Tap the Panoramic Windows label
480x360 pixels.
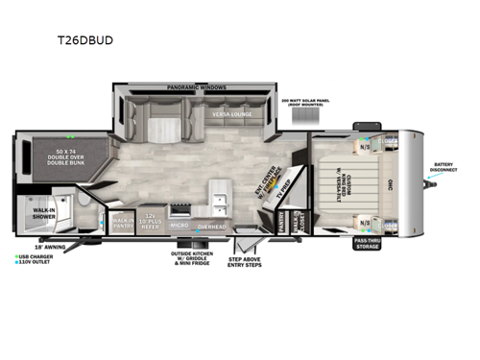190,86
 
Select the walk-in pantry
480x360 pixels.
124,223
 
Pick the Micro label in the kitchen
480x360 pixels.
179,225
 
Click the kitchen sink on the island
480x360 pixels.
220,202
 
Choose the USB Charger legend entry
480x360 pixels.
36,256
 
